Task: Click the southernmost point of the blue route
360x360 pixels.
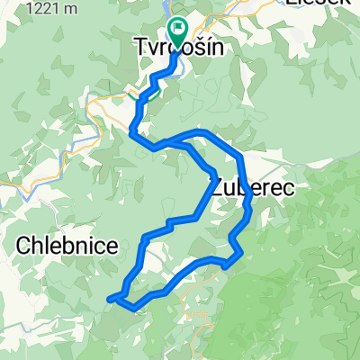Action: [x=135, y=310]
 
